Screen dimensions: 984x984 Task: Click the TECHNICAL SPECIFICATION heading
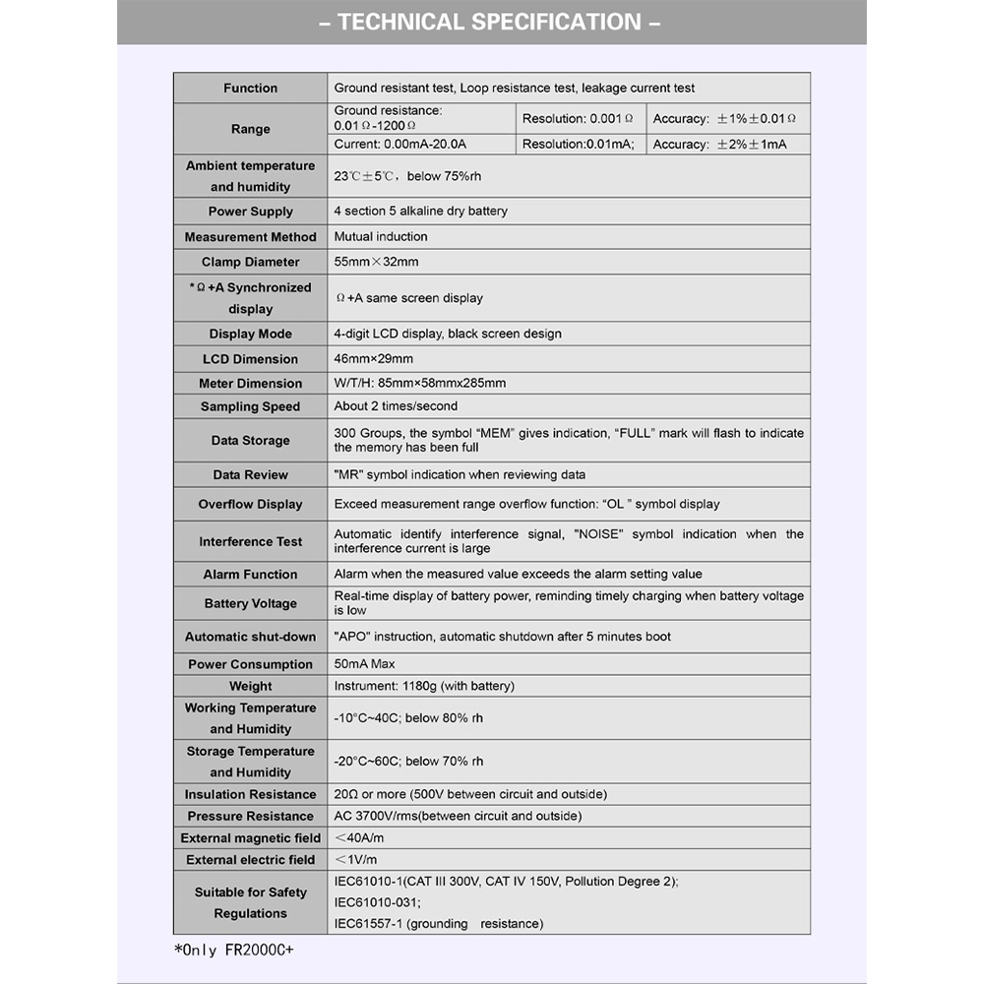click(x=490, y=22)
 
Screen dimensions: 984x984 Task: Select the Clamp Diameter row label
click(x=250, y=262)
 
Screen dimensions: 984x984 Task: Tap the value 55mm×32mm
click(x=376, y=262)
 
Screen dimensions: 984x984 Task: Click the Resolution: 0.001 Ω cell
click(x=578, y=118)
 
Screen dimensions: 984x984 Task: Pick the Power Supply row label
click(x=250, y=212)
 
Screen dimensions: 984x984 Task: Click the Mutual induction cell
click(x=381, y=236)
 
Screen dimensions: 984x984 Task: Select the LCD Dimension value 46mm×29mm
click(x=374, y=358)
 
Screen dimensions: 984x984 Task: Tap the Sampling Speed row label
click(x=250, y=406)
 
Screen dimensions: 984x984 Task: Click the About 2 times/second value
click(x=396, y=405)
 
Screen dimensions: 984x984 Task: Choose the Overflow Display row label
click(x=250, y=504)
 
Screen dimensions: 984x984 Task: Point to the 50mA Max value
click(x=364, y=664)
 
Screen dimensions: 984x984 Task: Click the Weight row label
click(x=250, y=686)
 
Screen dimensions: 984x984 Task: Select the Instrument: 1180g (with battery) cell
click(x=424, y=686)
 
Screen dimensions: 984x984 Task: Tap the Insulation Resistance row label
click(x=250, y=794)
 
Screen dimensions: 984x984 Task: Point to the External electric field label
click(x=250, y=859)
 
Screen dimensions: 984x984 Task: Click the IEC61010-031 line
click(x=378, y=902)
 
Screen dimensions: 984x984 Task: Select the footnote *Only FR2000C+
click(x=233, y=950)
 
